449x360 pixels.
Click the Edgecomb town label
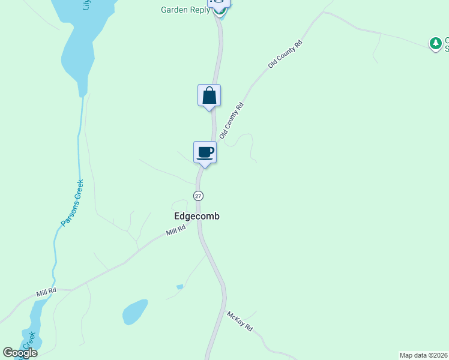[196, 216]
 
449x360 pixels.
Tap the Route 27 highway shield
[199, 196]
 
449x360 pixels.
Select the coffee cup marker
[205, 152]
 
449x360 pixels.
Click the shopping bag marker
[209, 95]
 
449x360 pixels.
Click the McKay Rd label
[240, 322]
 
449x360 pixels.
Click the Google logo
[20, 353]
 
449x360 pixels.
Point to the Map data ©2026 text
[424, 355]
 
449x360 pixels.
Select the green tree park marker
[435, 43]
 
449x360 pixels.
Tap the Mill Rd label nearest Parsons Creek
[46, 292]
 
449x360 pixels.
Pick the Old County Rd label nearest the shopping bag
[232, 121]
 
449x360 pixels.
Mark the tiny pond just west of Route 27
[179, 287]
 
